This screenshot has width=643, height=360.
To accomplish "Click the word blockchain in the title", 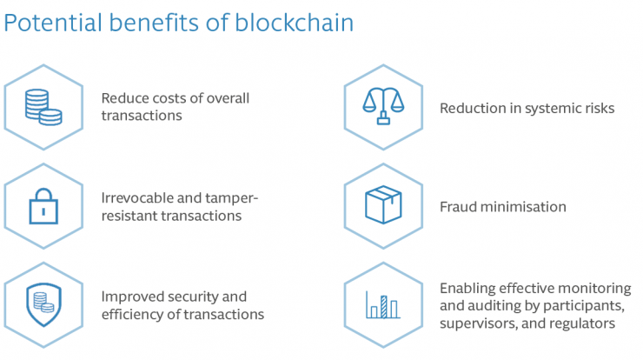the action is pos(294,22).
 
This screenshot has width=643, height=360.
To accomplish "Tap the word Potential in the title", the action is pos(53,22).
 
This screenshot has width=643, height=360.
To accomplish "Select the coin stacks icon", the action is pos(43,107).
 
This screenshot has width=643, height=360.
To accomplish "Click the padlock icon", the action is pos(43,206).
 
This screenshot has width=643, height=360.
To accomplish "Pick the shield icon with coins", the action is pos(43,304).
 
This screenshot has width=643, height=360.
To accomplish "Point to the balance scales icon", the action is pos(383,106).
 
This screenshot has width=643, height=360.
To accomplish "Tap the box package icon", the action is pos(383,205).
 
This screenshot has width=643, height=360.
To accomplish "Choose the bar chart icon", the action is pos(382,305).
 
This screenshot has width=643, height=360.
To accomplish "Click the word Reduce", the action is pos(125,98).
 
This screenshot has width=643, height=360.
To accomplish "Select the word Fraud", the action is pos(458,206).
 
